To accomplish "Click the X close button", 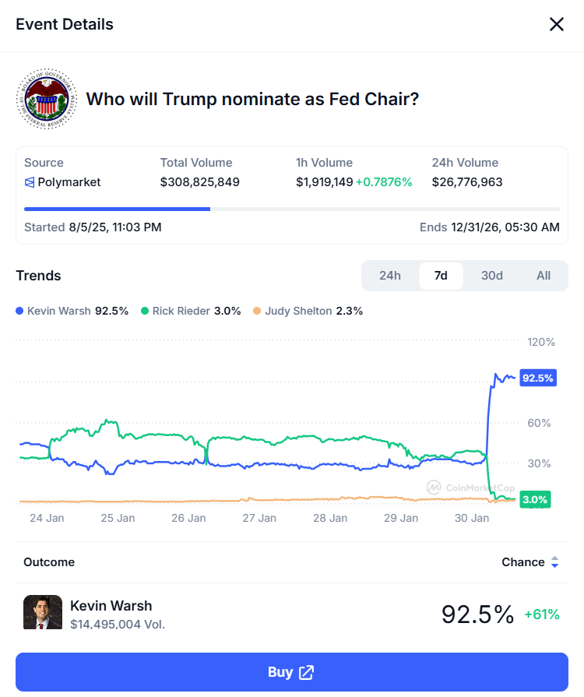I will pyautogui.click(x=557, y=24).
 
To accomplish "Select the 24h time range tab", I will pyautogui.click(x=390, y=276).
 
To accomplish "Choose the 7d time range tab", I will pyautogui.click(x=441, y=276).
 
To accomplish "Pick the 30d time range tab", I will pyautogui.click(x=492, y=276).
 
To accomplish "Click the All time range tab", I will pyautogui.click(x=544, y=276).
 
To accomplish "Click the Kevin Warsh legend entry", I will pyautogui.click(x=72, y=311).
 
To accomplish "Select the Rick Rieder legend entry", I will pyautogui.click(x=191, y=311).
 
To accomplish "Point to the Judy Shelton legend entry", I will pyautogui.click(x=308, y=311).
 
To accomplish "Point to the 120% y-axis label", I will pyautogui.click(x=540, y=342).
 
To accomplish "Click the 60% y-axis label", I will pyautogui.click(x=540, y=423).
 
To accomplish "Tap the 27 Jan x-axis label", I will pyautogui.click(x=259, y=518).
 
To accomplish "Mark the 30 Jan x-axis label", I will pyautogui.click(x=472, y=518).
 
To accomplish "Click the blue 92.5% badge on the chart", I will pyautogui.click(x=537, y=378).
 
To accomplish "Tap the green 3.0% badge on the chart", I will pyautogui.click(x=535, y=499).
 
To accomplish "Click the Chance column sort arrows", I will pyautogui.click(x=554, y=562).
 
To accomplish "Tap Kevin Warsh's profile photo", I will pyautogui.click(x=43, y=612).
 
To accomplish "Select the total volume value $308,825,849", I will pyautogui.click(x=199, y=182).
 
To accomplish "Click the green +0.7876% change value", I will pyautogui.click(x=384, y=182).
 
